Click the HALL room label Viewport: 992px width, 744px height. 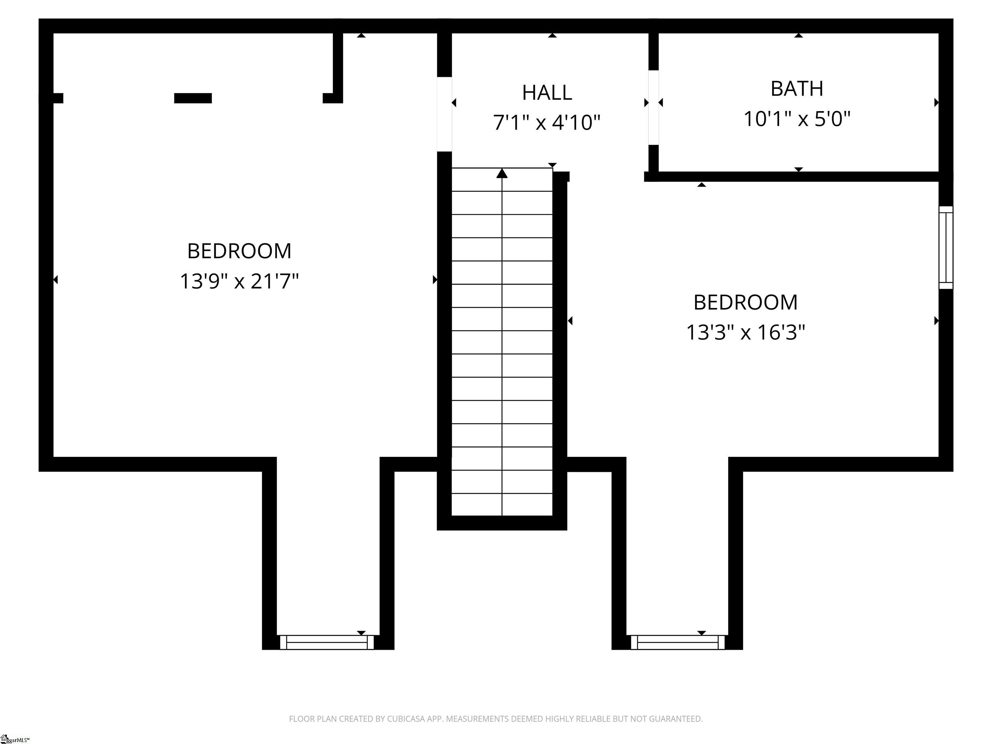tap(547, 93)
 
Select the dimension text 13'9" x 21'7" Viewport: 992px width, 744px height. tap(239, 282)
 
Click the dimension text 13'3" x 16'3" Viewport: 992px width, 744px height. tap(745, 333)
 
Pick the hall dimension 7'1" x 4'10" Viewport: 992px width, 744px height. tap(547, 122)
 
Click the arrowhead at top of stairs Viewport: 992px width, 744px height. tap(502, 173)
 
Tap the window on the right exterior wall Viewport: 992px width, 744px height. tap(945, 248)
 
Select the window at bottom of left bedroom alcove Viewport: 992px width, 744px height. tap(326, 642)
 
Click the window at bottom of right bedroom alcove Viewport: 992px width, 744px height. tap(677, 642)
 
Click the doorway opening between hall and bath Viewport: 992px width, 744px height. tap(653, 108)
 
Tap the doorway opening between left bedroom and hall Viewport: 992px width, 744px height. tap(444, 114)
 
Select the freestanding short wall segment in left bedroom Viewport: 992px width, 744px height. tap(193, 98)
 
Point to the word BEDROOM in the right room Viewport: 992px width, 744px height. tap(745, 303)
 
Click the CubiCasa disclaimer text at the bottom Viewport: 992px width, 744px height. tap(496, 719)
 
